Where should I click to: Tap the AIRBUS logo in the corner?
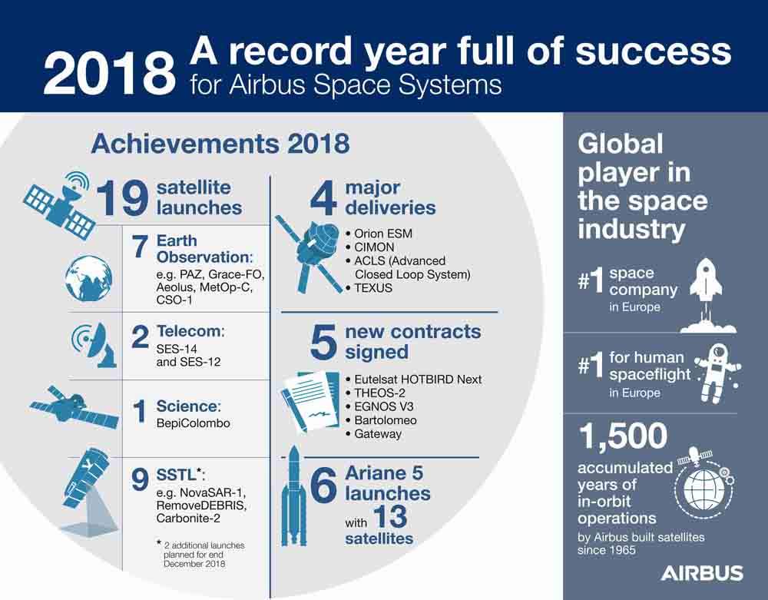702,573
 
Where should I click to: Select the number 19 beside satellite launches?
122,197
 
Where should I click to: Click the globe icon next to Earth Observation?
88,278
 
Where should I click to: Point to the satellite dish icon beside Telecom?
94,344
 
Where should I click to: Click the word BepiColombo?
193,423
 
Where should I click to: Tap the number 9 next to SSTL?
140,480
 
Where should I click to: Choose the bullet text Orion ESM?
383,234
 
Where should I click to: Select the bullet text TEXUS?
373,288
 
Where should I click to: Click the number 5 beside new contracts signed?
323,342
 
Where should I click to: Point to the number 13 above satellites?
390,517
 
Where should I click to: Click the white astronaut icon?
717,373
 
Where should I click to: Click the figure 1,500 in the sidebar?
623,436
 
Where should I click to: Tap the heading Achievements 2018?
220,144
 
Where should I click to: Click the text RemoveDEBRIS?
200,505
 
